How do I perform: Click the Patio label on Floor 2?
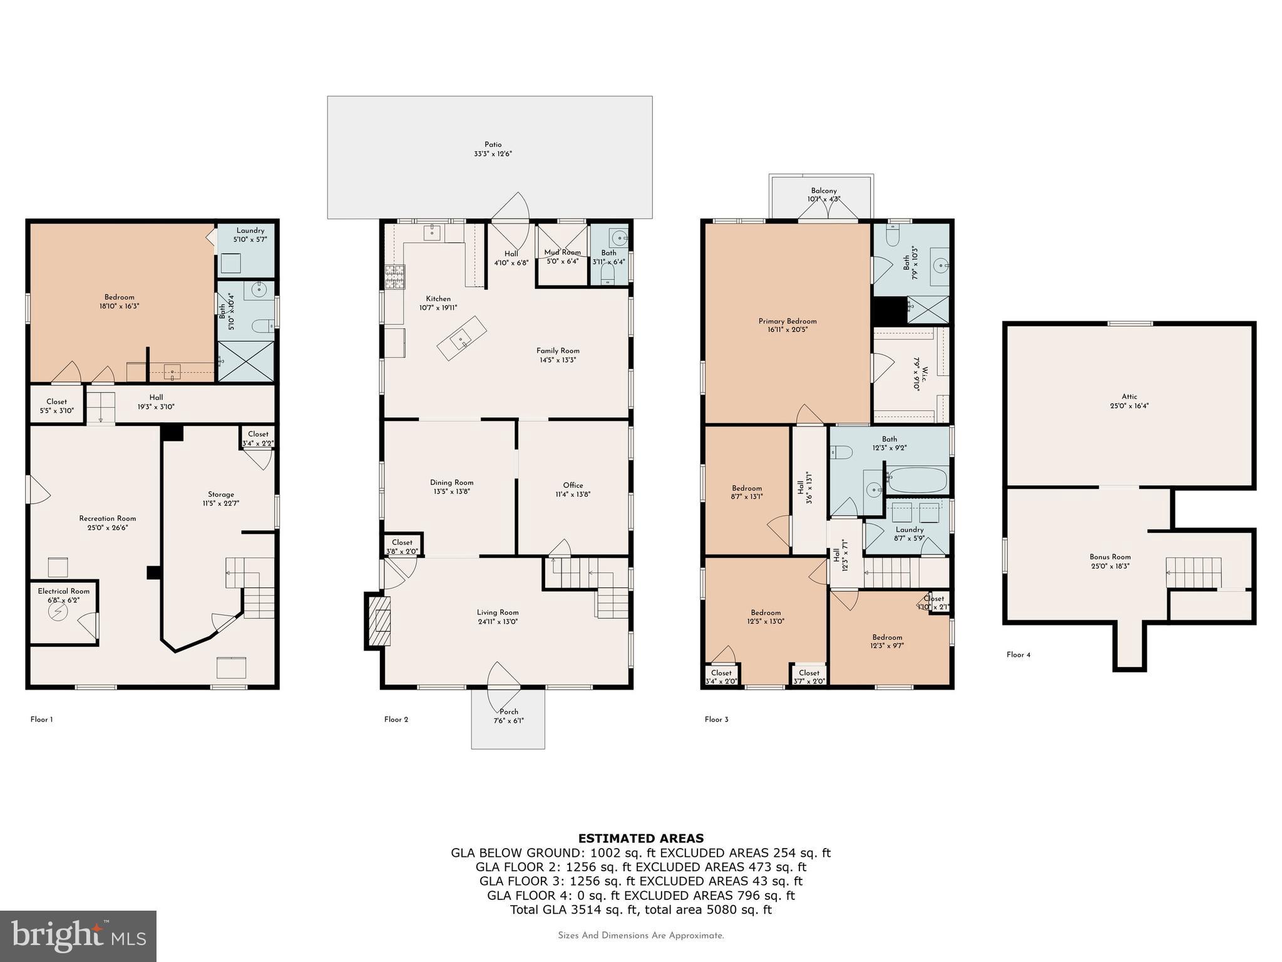pyautogui.click(x=493, y=145)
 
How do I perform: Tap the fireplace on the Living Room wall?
pyautogui.click(x=379, y=621)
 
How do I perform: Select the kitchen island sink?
pyautogui.click(x=462, y=339)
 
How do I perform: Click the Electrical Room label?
pyautogui.click(x=63, y=591)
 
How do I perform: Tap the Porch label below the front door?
pyautogui.click(x=508, y=711)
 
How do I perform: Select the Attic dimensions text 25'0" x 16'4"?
pyautogui.click(x=1129, y=405)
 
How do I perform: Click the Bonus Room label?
pyautogui.click(x=1110, y=557)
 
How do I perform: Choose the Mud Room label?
pyautogui.click(x=562, y=252)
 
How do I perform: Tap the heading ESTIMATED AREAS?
pyautogui.click(x=640, y=838)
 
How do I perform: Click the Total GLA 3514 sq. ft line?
pyautogui.click(x=640, y=909)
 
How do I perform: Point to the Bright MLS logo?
pyautogui.click(x=78, y=936)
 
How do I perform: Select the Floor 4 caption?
pyautogui.click(x=1018, y=654)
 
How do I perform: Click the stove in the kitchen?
pyautogui.click(x=394, y=277)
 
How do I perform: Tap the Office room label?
pyautogui.click(x=573, y=485)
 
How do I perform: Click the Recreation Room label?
pyautogui.click(x=108, y=519)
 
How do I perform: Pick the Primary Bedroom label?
pyautogui.click(x=787, y=321)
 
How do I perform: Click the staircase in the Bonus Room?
pyautogui.click(x=1193, y=572)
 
